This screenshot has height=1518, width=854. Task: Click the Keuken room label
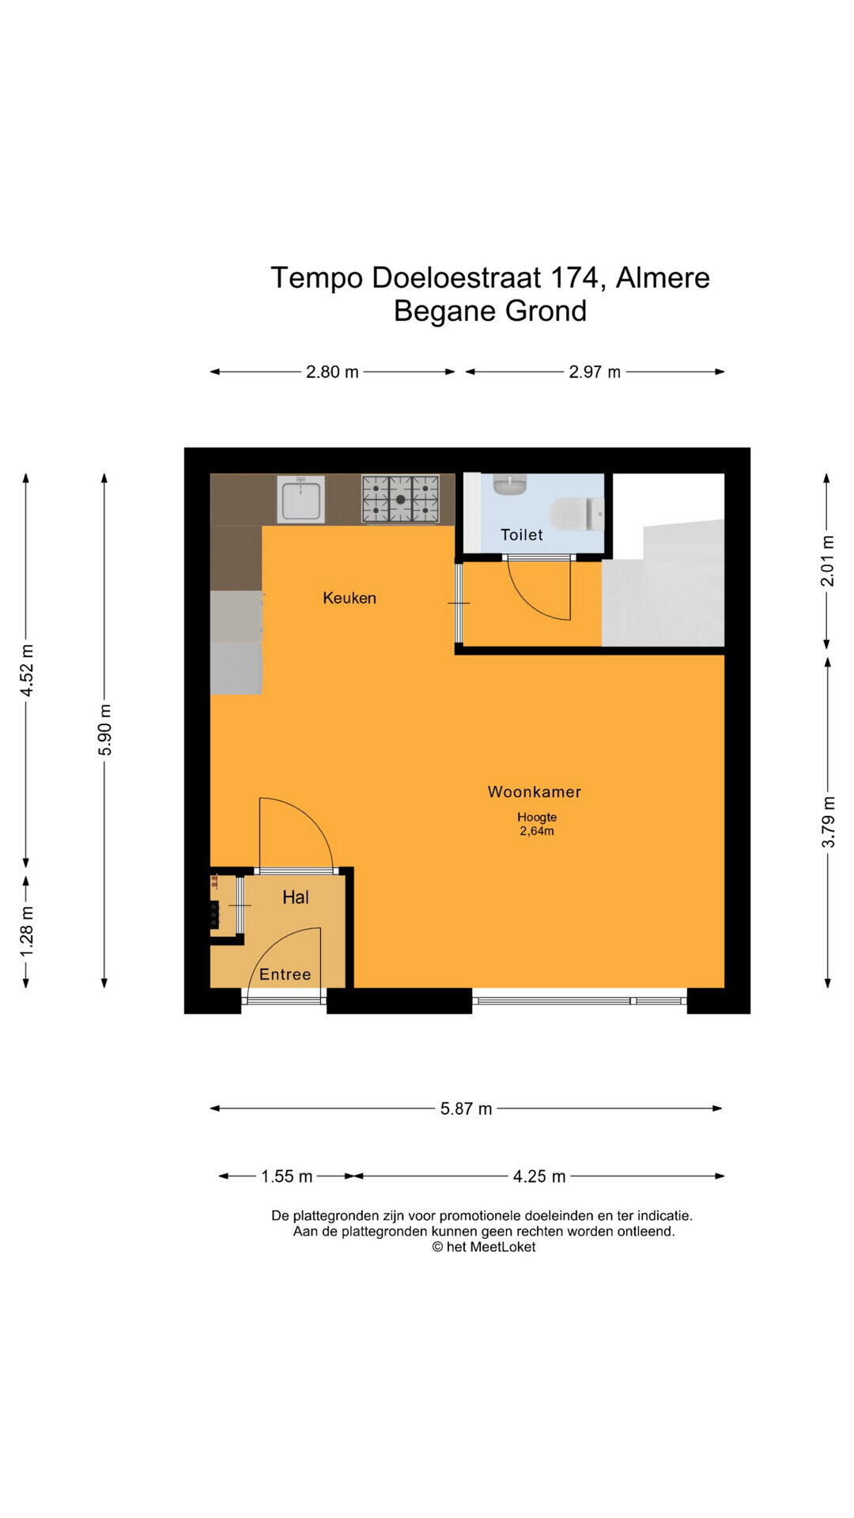[350, 599]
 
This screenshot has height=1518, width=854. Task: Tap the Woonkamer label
[535, 791]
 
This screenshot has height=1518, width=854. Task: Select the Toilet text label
[522, 535]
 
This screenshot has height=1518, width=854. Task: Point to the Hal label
[296, 897]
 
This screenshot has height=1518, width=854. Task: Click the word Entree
[285, 975]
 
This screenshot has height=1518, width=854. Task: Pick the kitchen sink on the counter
[301, 499]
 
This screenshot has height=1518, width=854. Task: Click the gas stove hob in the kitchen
[401, 499]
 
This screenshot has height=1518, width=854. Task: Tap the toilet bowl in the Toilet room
[577, 513]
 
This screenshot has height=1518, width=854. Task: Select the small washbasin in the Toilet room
[510, 484]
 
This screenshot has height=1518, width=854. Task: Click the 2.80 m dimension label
[332, 372]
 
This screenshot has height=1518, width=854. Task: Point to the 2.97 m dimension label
[595, 372]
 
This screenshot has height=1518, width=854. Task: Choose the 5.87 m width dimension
[467, 1108]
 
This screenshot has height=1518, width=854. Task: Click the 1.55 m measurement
[287, 1176]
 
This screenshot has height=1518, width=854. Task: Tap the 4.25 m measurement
[539, 1176]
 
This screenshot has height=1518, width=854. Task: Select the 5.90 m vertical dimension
[105, 730]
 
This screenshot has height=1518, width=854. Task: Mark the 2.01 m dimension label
[828, 561]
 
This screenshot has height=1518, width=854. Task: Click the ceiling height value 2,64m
[537, 831]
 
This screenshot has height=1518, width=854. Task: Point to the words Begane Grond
[490, 311]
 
